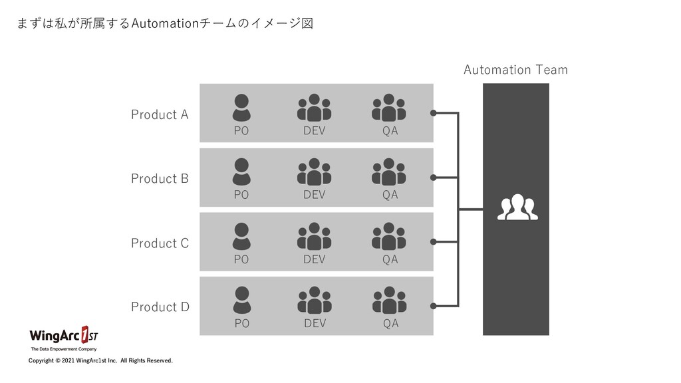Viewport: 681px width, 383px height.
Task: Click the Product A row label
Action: pyautogui.click(x=160, y=114)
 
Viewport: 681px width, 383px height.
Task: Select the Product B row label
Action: pyautogui.click(x=160, y=178)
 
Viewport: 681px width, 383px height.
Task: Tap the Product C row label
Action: pyautogui.click(x=160, y=243)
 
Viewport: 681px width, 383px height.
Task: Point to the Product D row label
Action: pyautogui.click(x=160, y=307)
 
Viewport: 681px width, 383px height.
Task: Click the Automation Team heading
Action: pyautogui.click(x=515, y=70)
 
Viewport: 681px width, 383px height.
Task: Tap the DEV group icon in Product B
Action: pyautogui.click(x=314, y=172)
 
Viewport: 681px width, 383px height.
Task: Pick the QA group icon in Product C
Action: pyautogui.click(x=390, y=236)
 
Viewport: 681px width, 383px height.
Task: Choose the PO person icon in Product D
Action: pyautogui.click(x=242, y=300)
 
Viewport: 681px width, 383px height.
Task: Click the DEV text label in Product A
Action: pyautogui.click(x=315, y=131)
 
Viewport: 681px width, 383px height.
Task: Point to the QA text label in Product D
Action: pyautogui.click(x=390, y=324)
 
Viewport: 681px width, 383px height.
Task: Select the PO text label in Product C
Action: pyautogui.click(x=241, y=260)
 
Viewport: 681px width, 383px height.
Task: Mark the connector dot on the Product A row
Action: pyautogui.click(x=434, y=113)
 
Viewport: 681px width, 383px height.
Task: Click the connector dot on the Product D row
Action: pyautogui.click(x=434, y=306)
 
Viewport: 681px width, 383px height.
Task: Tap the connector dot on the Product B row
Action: pyautogui.click(x=434, y=178)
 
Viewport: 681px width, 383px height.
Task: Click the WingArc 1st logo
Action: pyautogui.click(x=64, y=336)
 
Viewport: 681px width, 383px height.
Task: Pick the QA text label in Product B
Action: pyautogui.click(x=390, y=195)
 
